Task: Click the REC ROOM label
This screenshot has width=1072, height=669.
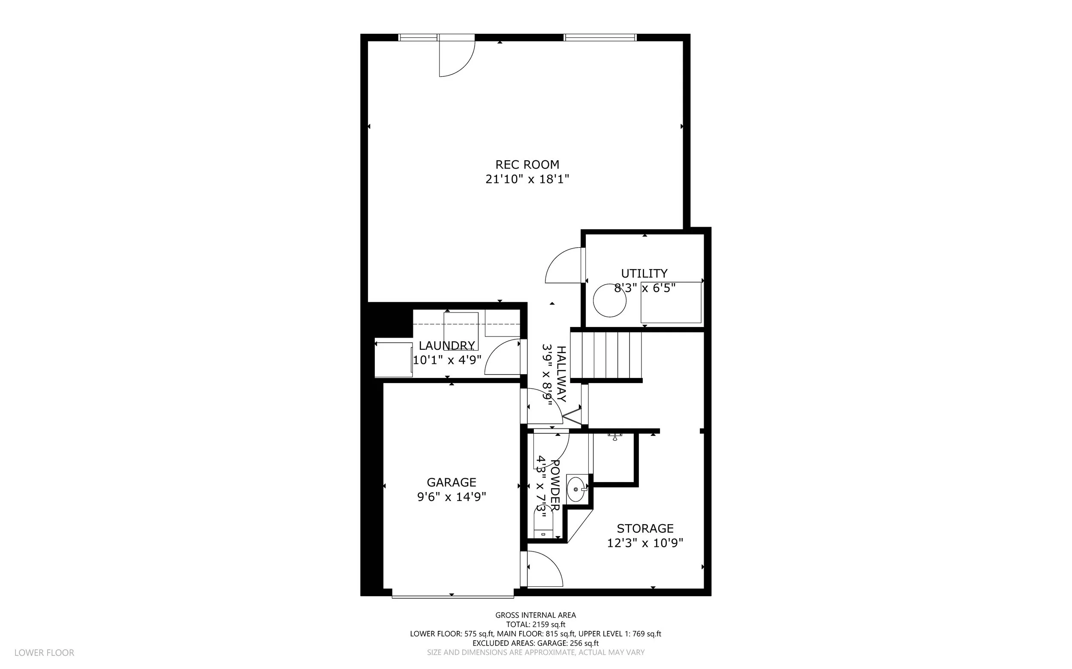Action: [x=527, y=165]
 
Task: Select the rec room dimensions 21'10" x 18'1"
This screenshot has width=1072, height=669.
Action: [x=527, y=179]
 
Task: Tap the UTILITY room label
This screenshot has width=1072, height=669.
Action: [x=644, y=273]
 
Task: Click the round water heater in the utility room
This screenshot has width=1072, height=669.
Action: [x=609, y=300]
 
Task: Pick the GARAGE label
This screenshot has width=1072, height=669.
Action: [x=452, y=482]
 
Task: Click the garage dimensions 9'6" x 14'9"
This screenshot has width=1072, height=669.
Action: [x=452, y=497]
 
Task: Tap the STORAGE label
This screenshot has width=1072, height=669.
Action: [x=645, y=528]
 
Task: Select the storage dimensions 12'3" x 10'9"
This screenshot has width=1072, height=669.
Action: [x=645, y=543]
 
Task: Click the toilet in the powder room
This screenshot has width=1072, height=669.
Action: [x=543, y=522]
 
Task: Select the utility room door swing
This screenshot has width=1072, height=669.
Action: [x=563, y=265]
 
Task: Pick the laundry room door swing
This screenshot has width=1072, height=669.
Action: [x=503, y=357]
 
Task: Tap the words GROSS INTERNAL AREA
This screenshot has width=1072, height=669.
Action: [x=536, y=615]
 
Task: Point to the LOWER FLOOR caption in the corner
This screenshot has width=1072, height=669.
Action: [x=44, y=653]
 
